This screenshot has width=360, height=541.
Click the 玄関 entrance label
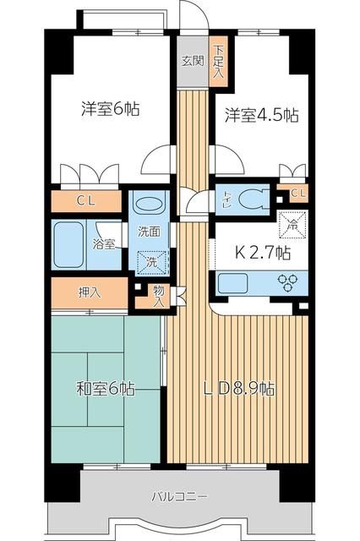click(x=192, y=61)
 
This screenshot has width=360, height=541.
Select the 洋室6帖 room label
click(x=111, y=109)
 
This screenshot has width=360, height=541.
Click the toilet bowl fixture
click(x=254, y=198)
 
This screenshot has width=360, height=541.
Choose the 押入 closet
click(x=90, y=293)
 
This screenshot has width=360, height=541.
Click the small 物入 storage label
click(x=159, y=295)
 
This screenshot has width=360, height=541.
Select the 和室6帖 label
click(x=106, y=390)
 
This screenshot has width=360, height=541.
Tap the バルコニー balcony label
click(x=180, y=495)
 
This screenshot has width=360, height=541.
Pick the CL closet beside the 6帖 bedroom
click(x=86, y=201)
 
